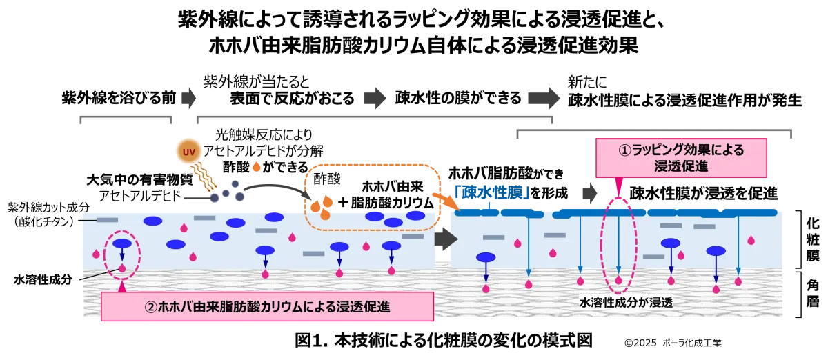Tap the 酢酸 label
point(324,179)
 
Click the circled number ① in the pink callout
point(625,150)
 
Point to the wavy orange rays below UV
point(206,178)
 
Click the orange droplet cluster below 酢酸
point(320,206)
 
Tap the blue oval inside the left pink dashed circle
point(122,243)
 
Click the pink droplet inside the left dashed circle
point(122,268)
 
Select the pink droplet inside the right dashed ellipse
point(619,280)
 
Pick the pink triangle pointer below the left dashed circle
point(122,286)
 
